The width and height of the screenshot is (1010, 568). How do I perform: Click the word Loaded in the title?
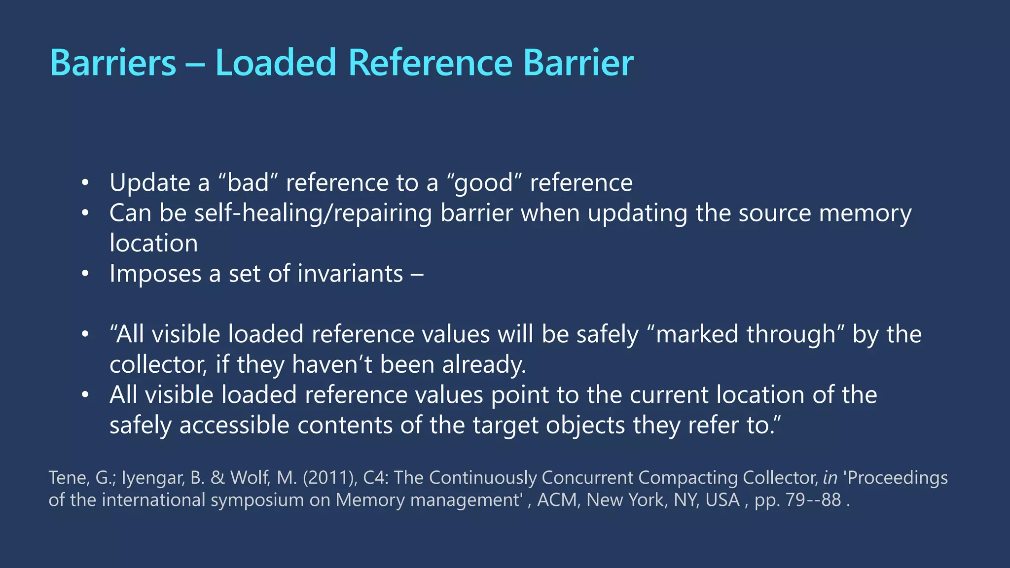275,63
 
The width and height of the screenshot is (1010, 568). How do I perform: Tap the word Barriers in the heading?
113,63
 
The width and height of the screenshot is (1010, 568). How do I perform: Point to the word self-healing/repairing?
313,213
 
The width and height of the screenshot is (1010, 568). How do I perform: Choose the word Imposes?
155,274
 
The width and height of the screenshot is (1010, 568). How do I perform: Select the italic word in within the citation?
830,478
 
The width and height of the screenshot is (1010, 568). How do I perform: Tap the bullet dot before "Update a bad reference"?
85,183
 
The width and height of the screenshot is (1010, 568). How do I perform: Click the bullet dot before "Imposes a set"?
85,274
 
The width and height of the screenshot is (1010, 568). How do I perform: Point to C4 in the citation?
373,478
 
